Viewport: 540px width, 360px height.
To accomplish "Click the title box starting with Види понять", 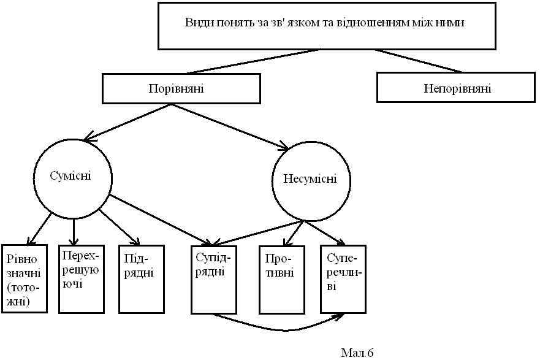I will [325, 26].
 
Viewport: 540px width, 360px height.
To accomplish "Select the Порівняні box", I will [177, 88].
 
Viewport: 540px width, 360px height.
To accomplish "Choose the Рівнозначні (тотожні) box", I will [25, 277].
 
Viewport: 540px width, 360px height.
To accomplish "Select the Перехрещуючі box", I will [80, 277].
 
